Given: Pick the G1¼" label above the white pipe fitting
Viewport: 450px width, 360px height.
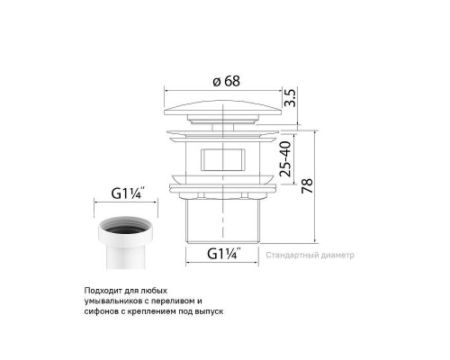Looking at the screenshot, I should pyautogui.click(x=127, y=192).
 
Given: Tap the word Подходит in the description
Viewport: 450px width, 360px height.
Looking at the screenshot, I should pyautogui.click(x=100, y=290).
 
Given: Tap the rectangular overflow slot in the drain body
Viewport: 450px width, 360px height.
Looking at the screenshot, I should pyautogui.click(x=220, y=161).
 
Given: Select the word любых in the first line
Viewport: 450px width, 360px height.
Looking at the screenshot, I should pyautogui.click(x=152, y=290).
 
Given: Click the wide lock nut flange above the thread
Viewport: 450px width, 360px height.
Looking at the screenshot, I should pyautogui.click(x=220, y=190).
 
